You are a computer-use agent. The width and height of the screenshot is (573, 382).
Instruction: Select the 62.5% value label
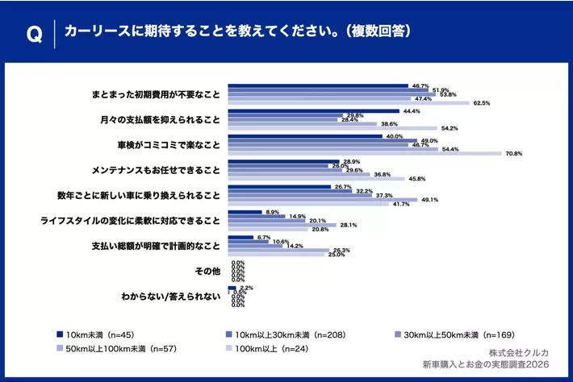pyautogui.click(x=482, y=103)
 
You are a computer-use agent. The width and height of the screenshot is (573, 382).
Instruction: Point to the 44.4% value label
pyautogui.click(x=411, y=111)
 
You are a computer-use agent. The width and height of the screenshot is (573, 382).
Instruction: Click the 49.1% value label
pyautogui.click(x=429, y=199)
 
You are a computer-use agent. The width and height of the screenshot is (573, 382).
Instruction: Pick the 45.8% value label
pyautogui.click(x=417, y=178)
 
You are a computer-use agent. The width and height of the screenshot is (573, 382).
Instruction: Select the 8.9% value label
pyautogui.click(x=273, y=212)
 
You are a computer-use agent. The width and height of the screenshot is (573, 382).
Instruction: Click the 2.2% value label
pyautogui.click(x=246, y=288)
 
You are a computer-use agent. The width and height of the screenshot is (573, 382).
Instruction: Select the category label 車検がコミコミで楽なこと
pyautogui.click(x=169, y=146)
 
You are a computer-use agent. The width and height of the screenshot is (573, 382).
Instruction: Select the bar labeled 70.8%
pyautogui.click(x=364, y=153)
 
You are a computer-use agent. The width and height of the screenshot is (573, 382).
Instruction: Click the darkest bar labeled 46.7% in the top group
pyautogui.click(x=317, y=84)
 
